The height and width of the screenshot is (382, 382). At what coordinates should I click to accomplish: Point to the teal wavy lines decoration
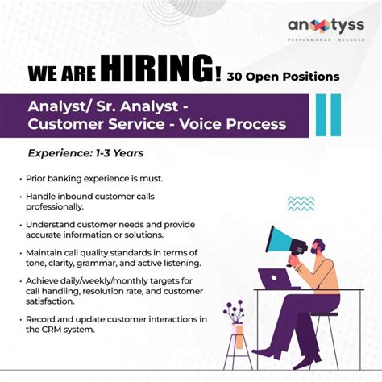point(301,202)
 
